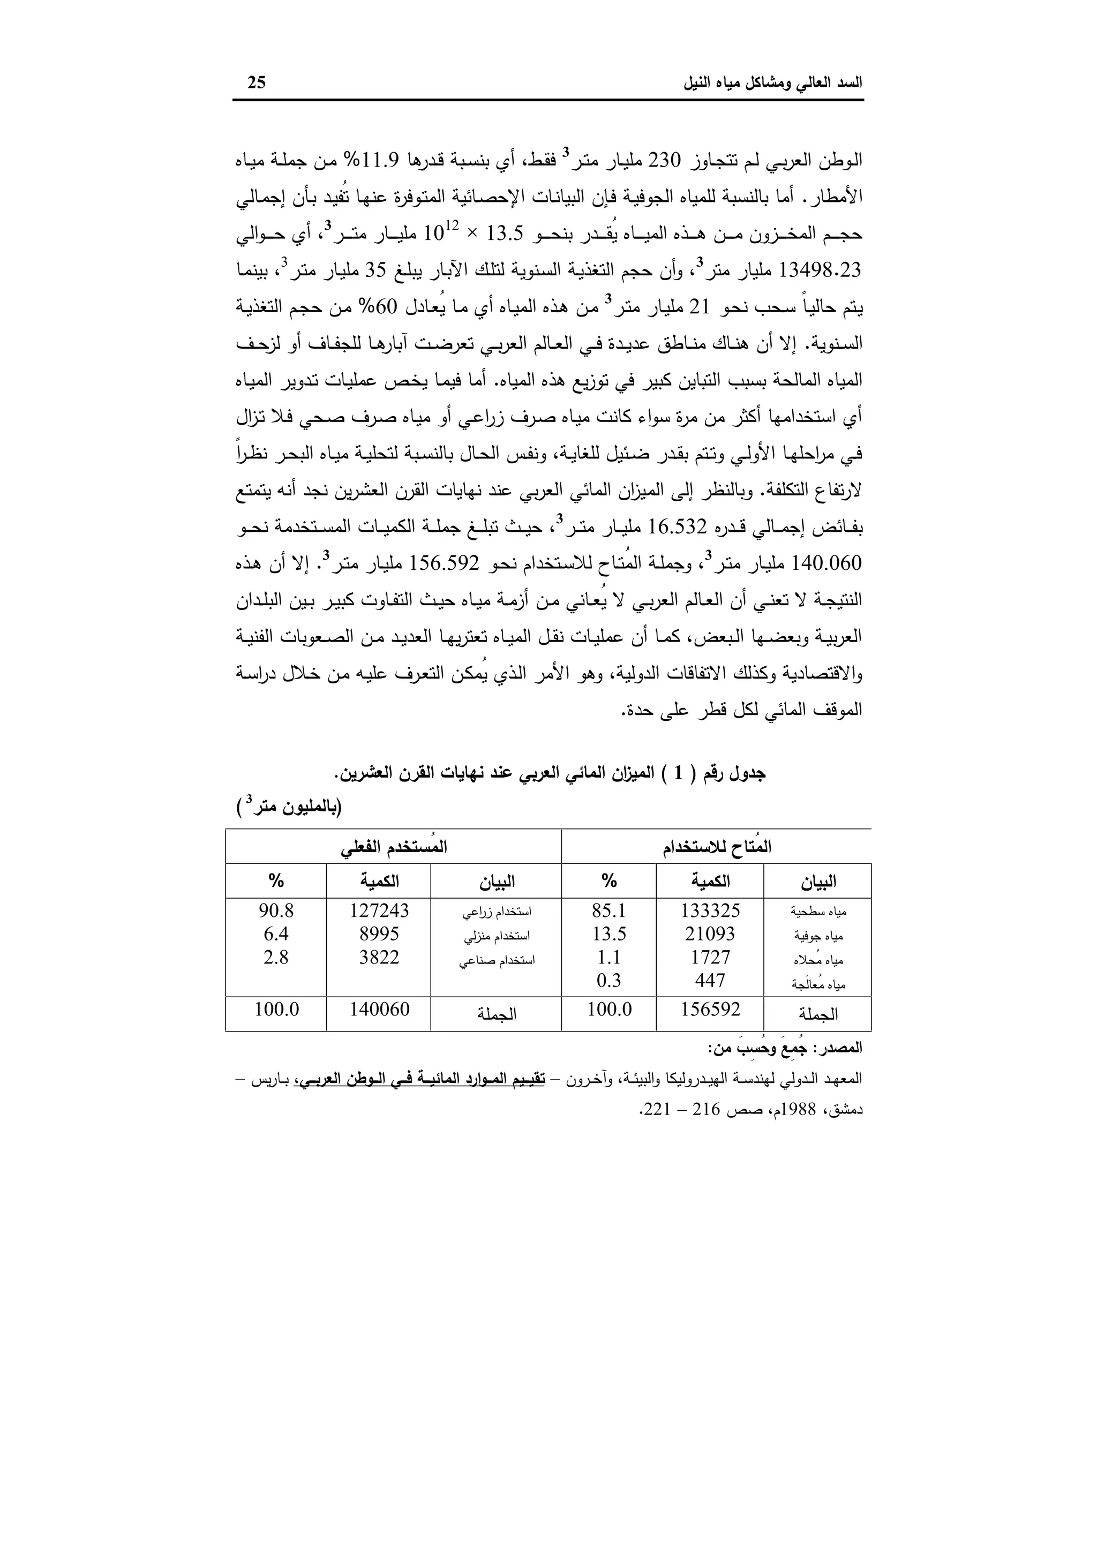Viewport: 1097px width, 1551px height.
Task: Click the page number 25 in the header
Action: point(257,82)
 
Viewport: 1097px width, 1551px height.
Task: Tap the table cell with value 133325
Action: point(710,910)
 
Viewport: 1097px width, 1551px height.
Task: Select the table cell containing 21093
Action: point(710,934)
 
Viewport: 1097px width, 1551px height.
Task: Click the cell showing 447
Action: point(710,980)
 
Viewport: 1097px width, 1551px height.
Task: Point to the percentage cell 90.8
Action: point(276,910)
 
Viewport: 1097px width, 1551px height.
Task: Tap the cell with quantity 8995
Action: point(379,934)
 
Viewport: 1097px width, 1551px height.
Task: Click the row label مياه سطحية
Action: point(818,912)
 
